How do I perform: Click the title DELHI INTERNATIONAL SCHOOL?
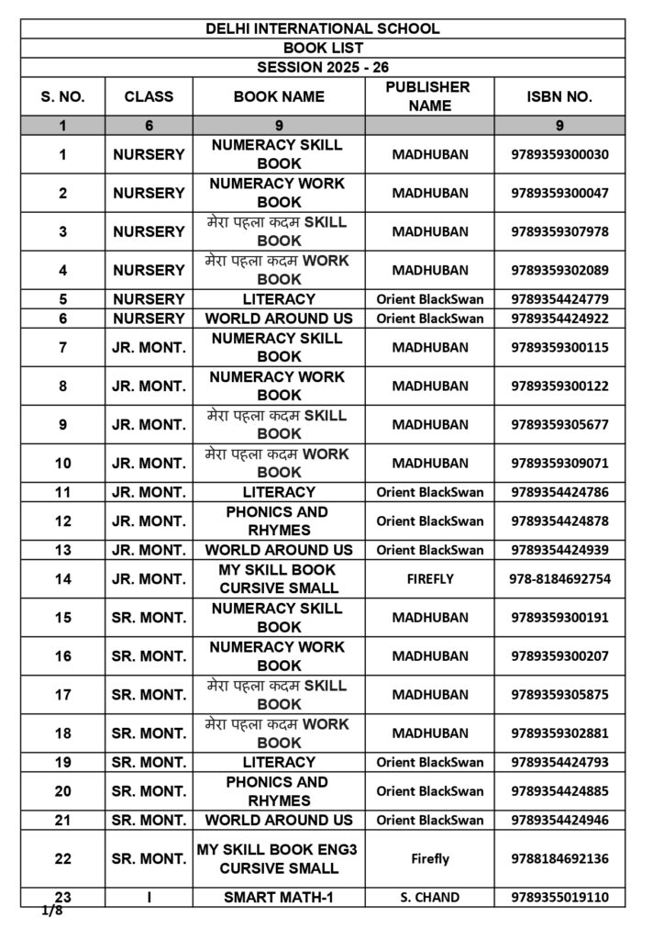pyautogui.click(x=323, y=28)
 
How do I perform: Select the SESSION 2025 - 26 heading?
pyautogui.click(x=323, y=67)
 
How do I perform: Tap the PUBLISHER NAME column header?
pyautogui.click(x=429, y=96)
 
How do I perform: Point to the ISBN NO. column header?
pyautogui.click(x=559, y=96)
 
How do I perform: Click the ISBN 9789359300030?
pyautogui.click(x=559, y=154)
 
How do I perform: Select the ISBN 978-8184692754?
pyautogui.click(x=559, y=579)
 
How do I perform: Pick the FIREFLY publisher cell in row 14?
pyautogui.click(x=429, y=579)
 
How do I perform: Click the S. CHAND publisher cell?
pyautogui.click(x=429, y=898)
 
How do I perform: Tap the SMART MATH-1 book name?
pyautogui.click(x=279, y=898)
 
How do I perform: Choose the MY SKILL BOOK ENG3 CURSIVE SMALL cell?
pyautogui.click(x=279, y=859)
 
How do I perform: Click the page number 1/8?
pyautogui.click(x=51, y=912)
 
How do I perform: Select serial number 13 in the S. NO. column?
pyautogui.click(x=62, y=550)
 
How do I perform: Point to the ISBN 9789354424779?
pyautogui.click(x=559, y=299)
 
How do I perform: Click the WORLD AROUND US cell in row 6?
pyautogui.click(x=279, y=319)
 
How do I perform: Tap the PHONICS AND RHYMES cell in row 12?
pyautogui.click(x=279, y=521)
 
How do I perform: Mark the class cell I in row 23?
pyautogui.click(x=149, y=898)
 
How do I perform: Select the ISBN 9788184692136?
pyautogui.click(x=559, y=859)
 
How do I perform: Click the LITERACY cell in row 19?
pyautogui.click(x=279, y=762)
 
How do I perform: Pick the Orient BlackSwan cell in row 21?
pyautogui.click(x=429, y=820)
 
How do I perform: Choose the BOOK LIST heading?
pyautogui.click(x=323, y=48)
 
